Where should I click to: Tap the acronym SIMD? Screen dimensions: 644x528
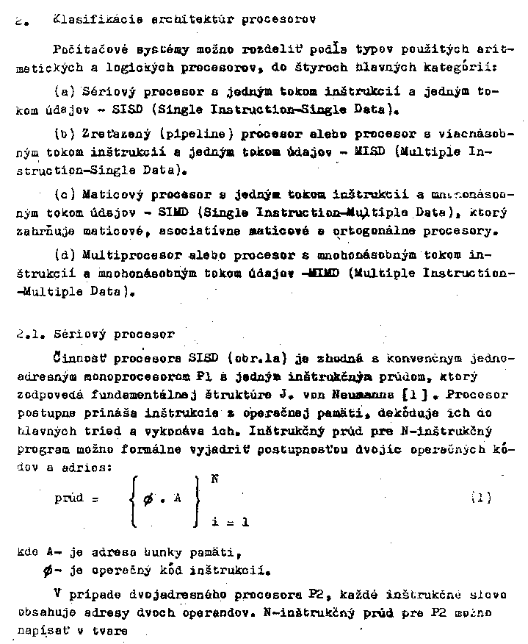pos(173,213)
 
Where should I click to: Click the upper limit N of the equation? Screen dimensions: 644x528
pos(214,479)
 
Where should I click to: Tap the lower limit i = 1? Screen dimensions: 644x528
pos(229,522)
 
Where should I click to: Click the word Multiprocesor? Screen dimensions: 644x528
pos(122,256)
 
